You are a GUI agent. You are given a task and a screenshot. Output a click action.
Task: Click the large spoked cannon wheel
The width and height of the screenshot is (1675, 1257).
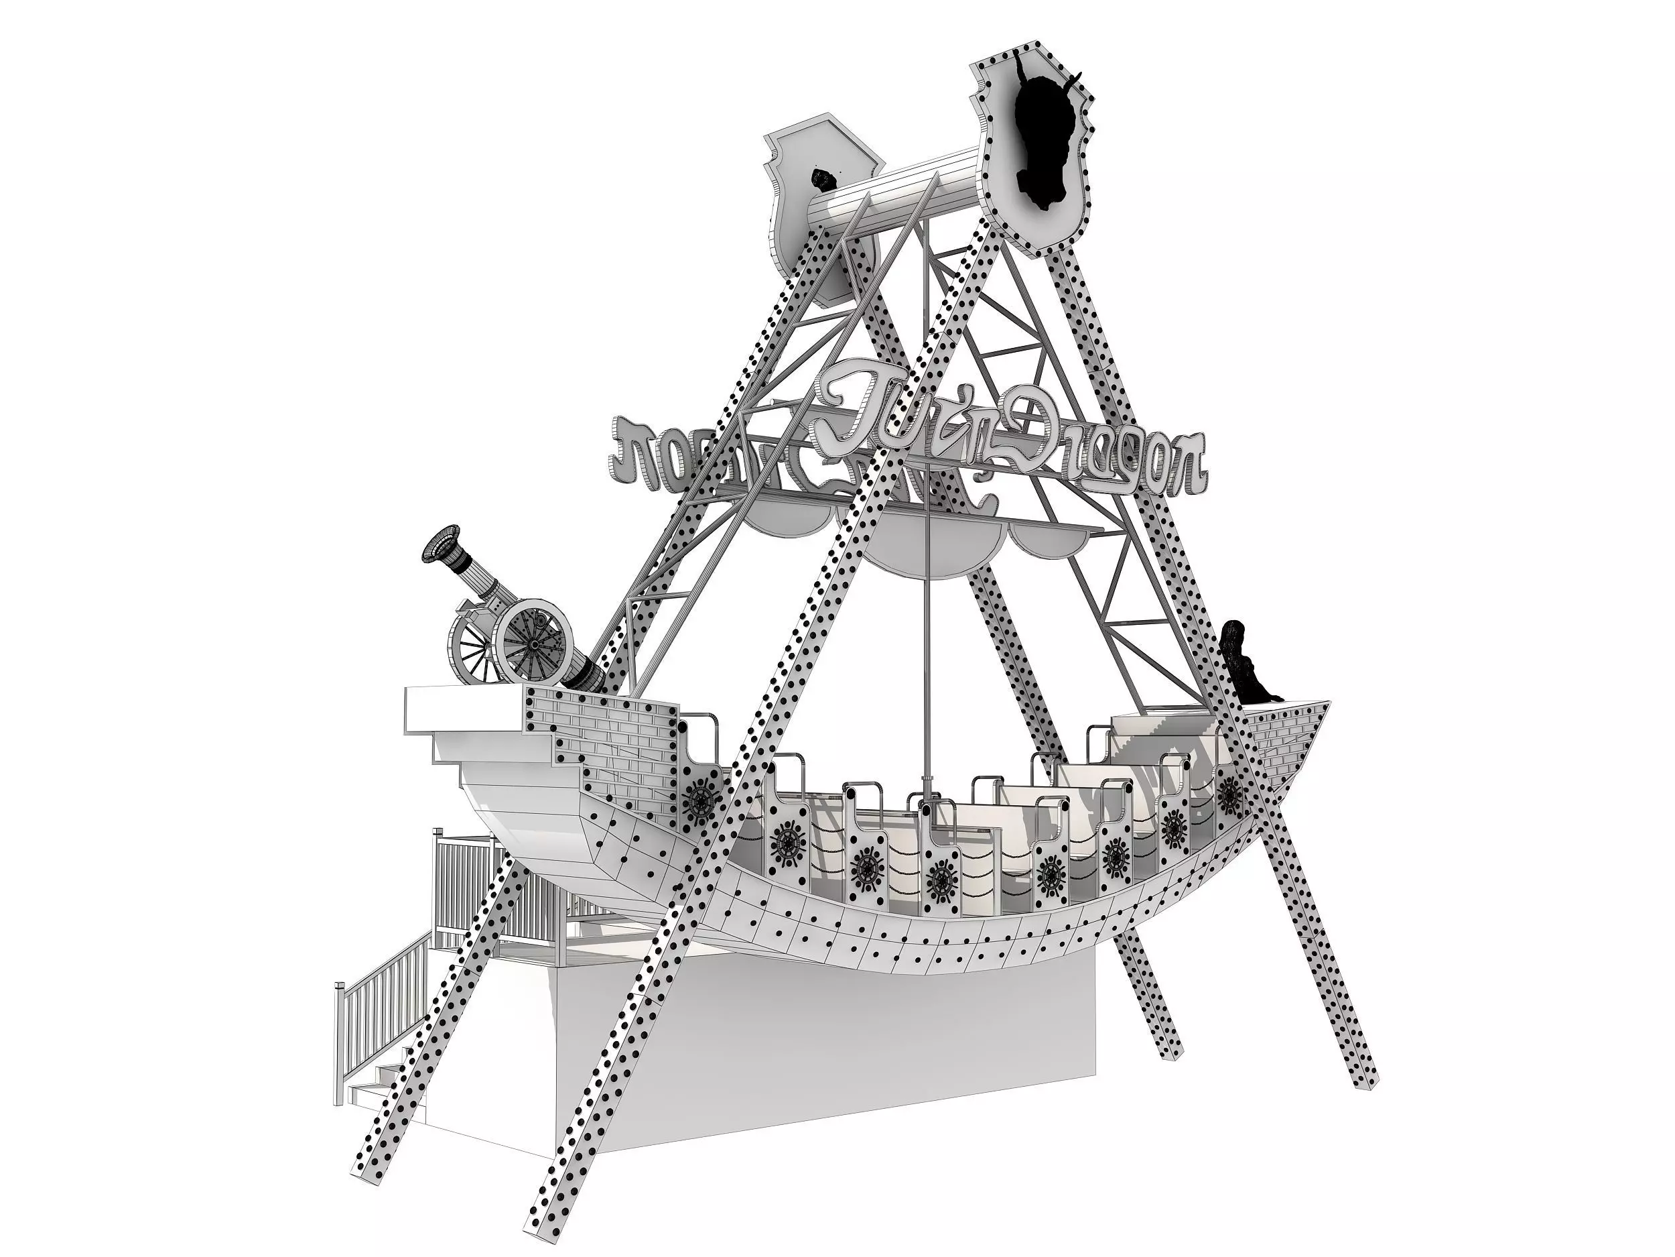(x=533, y=644)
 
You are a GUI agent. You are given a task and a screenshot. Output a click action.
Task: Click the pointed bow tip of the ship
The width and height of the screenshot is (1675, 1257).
(x=1324, y=704)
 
